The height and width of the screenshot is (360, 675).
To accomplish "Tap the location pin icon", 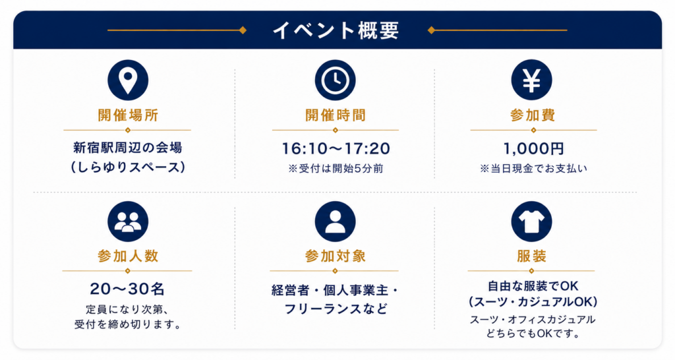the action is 128,80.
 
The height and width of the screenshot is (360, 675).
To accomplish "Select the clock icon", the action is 336,80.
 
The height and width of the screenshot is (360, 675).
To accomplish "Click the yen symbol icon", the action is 532,80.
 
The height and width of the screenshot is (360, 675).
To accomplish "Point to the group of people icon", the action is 128,222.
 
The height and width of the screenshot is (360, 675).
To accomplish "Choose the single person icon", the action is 336,222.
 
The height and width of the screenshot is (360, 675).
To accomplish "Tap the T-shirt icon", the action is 532,222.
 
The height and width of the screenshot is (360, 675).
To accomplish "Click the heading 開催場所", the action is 128,115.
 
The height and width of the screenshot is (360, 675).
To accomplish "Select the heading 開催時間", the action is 336,115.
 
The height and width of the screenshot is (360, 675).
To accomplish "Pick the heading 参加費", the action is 533,115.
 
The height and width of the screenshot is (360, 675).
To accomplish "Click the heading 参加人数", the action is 128,256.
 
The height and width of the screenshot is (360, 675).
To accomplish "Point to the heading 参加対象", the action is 336,256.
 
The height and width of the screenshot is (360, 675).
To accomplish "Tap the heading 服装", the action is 532,256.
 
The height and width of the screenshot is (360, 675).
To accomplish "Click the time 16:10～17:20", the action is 336,148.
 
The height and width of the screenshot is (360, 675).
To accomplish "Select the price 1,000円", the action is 533,148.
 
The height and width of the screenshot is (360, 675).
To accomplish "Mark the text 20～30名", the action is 127,289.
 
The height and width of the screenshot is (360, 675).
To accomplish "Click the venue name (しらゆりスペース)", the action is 128,167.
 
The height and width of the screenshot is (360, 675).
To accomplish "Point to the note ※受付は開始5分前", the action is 336,168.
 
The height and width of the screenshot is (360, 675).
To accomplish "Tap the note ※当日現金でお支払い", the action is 533,168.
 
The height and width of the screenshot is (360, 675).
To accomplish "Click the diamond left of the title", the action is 243,30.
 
